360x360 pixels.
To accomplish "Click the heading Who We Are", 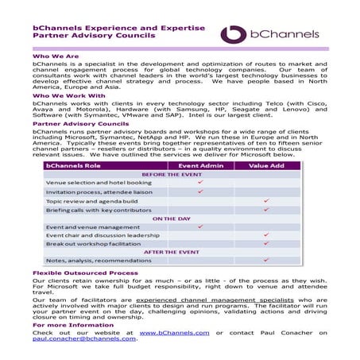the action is [x=56, y=57].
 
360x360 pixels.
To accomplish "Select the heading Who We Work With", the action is [x=68, y=95].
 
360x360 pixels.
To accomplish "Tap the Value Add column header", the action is [x=266, y=165].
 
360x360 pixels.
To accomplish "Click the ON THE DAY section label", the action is [x=172, y=218].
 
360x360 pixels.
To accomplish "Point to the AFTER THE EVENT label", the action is [x=172, y=251].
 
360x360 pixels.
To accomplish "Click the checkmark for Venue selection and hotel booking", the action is [x=201, y=183].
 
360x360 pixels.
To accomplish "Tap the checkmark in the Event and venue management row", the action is [x=201, y=226].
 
